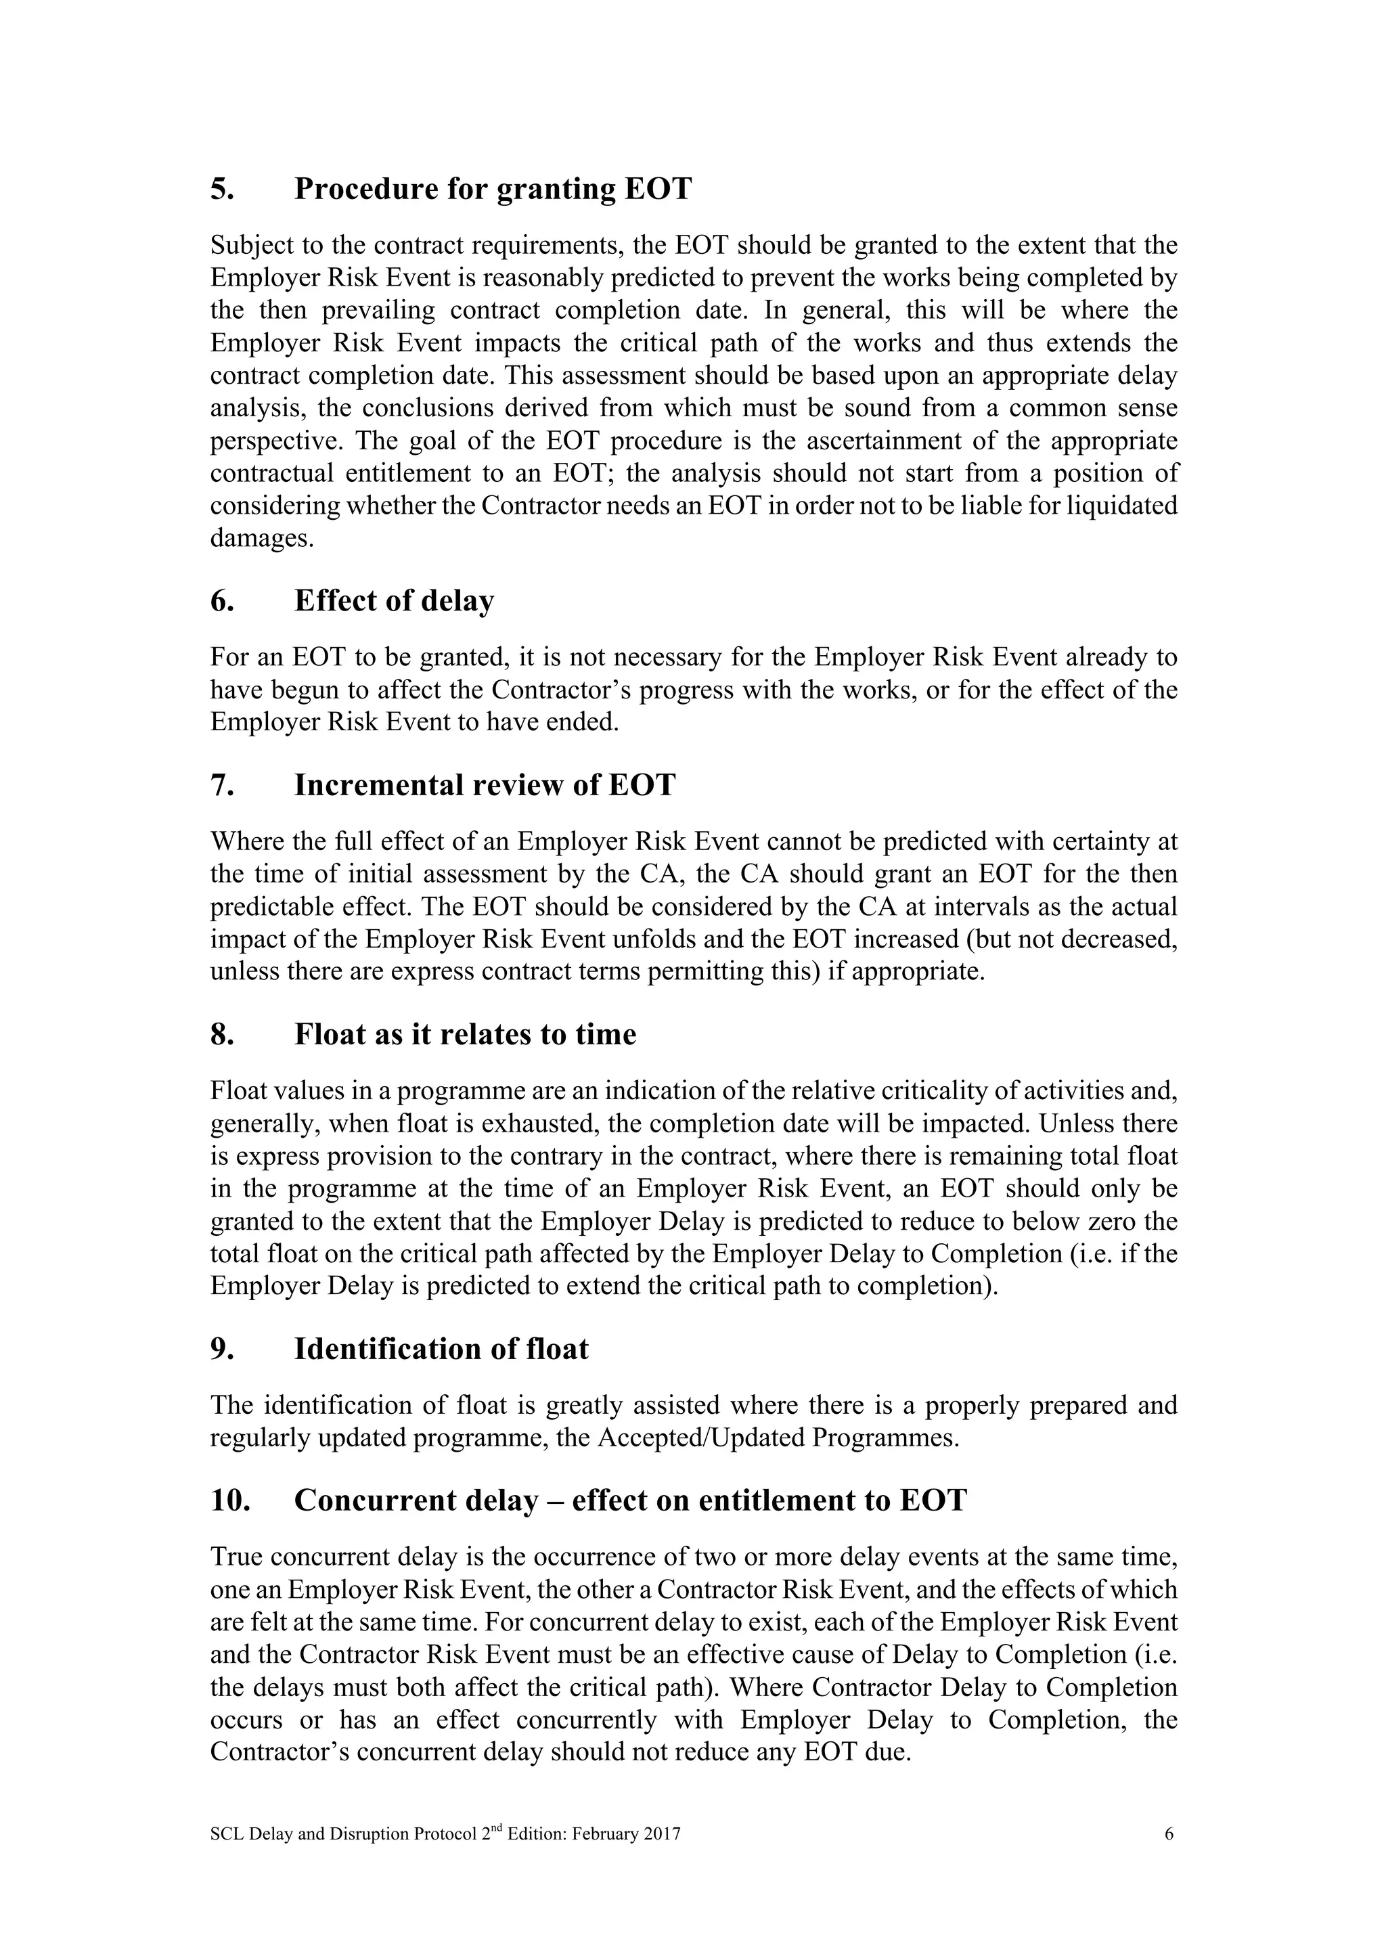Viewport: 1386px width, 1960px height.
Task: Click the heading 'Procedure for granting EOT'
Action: tap(493, 189)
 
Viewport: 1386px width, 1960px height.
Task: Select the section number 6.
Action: tap(221, 601)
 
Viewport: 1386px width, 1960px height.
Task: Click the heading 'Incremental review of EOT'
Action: tap(484, 784)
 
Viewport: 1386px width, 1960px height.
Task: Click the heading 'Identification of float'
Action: tap(441, 1349)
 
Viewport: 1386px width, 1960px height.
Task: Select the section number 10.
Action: tap(229, 1500)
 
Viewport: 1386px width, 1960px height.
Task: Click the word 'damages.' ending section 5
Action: tap(262, 539)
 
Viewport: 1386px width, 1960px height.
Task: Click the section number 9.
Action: tap(221, 1349)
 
